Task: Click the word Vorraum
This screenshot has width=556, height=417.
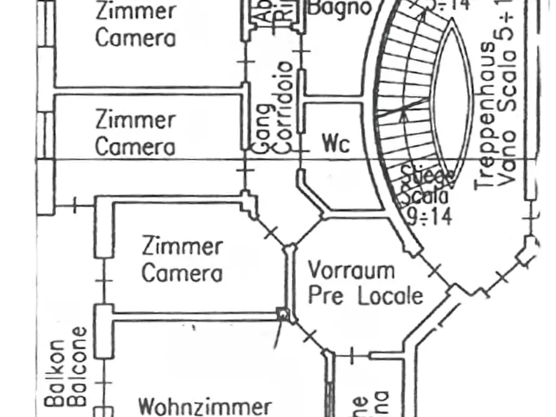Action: [x=352, y=271]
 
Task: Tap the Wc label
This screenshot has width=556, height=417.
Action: [x=336, y=144]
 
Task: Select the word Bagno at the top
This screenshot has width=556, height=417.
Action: [x=340, y=7]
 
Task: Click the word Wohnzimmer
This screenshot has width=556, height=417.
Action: [x=204, y=406]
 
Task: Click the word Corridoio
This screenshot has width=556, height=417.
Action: [x=284, y=106]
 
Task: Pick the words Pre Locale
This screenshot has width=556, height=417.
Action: [x=365, y=296]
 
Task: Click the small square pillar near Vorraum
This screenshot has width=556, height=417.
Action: [x=283, y=314]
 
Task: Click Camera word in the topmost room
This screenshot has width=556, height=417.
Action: [x=136, y=37]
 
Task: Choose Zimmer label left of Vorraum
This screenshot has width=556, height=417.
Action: [x=182, y=246]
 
